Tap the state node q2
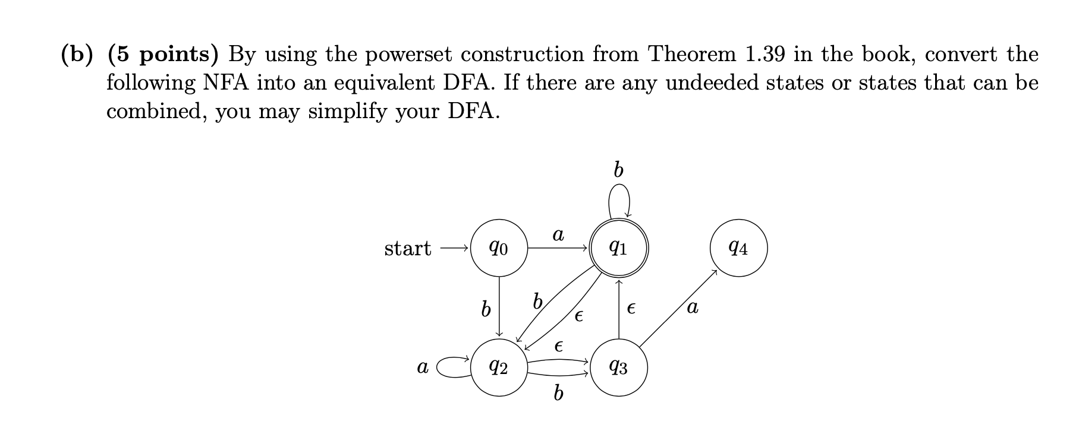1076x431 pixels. point(499,368)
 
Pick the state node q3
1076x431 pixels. point(619,368)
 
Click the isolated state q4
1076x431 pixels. point(738,248)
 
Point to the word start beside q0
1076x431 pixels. point(407,248)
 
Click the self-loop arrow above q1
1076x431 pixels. point(619,200)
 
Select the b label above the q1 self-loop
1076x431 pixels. point(618,170)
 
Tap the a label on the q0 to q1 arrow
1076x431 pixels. point(558,235)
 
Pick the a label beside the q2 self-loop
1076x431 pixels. point(422,368)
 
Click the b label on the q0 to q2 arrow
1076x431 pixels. point(486,309)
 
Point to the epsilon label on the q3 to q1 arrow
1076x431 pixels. point(631,309)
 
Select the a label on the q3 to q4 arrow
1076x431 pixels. point(692,308)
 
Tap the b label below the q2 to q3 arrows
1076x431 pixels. point(558,393)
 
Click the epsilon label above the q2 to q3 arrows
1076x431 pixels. point(558,346)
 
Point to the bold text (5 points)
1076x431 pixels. point(163,55)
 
